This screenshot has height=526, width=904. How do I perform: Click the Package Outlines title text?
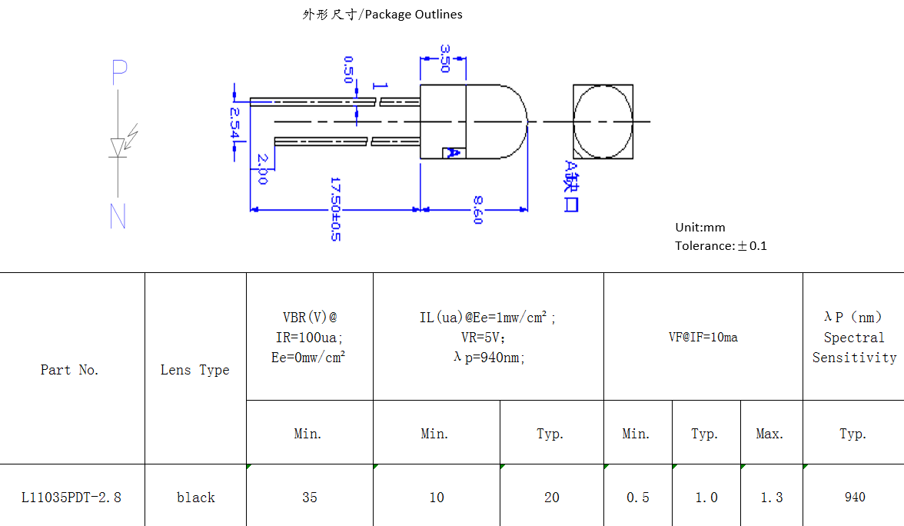pyautogui.click(x=383, y=14)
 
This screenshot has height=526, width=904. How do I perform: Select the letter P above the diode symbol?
pyautogui.click(x=119, y=72)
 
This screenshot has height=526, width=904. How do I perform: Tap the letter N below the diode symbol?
pyautogui.click(x=118, y=217)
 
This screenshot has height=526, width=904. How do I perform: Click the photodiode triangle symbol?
pyautogui.click(x=118, y=146)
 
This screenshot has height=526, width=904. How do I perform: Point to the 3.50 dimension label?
pyautogui.click(x=444, y=58)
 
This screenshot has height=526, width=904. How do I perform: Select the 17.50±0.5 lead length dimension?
pyautogui.click(x=335, y=208)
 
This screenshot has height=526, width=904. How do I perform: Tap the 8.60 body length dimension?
pyautogui.click(x=477, y=210)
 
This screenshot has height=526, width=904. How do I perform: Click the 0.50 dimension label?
pyautogui.click(x=348, y=69)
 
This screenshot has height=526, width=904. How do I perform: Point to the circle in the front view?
pyautogui.click(x=603, y=122)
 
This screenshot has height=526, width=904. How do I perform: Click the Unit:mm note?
pyautogui.click(x=700, y=228)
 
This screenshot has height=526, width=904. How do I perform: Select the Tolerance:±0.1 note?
pyautogui.click(x=721, y=246)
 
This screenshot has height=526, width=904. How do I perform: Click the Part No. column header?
pyautogui.click(x=70, y=370)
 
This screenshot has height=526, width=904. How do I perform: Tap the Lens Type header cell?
pyautogui.click(x=195, y=370)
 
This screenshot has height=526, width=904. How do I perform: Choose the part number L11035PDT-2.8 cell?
pyautogui.click(x=71, y=498)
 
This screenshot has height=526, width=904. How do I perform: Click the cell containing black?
pyautogui.click(x=195, y=498)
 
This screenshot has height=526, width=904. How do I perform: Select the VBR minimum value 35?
pyautogui.click(x=310, y=498)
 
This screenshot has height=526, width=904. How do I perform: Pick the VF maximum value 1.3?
pyautogui.click(x=772, y=498)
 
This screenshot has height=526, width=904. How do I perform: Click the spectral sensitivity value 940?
pyautogui.click(x=854, y=498)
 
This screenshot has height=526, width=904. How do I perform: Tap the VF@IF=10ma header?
pyautogui.click(x=703, y=337)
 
